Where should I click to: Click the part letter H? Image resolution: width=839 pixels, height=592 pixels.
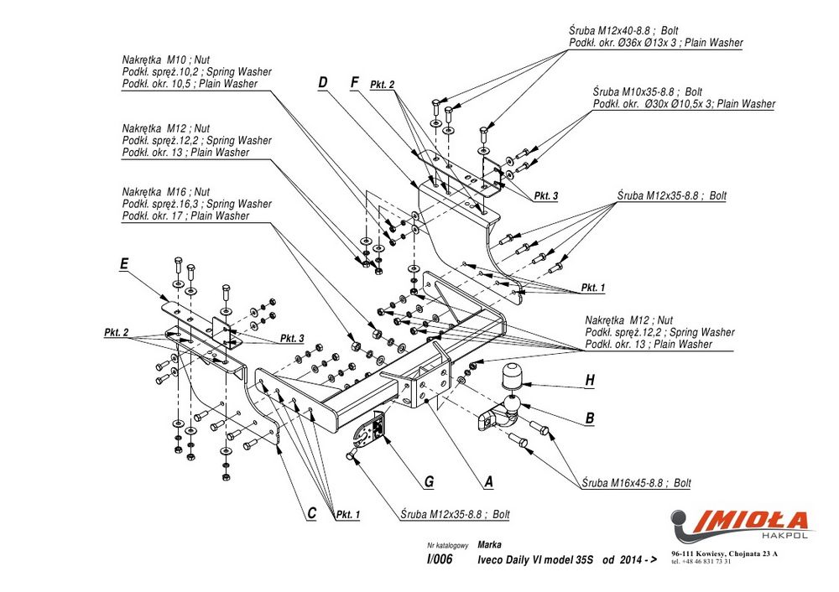pos(590,381)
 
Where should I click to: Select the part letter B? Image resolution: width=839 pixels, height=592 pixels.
pos(590,418)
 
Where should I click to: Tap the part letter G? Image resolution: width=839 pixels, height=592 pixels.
pos(429,482)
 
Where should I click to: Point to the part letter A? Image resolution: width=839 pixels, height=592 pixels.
pos(488,482)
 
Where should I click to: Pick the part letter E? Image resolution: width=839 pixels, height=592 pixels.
pos(124,264)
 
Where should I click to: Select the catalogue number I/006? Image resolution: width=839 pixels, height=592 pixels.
pos(439,561)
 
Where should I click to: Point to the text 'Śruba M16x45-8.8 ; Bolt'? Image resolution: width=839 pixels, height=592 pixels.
pos(637,483)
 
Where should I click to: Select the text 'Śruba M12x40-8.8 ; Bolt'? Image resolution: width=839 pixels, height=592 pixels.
pos(624,30)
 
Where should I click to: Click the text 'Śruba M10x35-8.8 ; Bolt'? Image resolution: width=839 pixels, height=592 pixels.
pos(648,91)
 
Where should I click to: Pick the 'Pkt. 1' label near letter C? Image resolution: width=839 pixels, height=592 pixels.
pos(347,514)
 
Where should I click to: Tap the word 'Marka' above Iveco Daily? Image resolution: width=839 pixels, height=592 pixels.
pos(489,544)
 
